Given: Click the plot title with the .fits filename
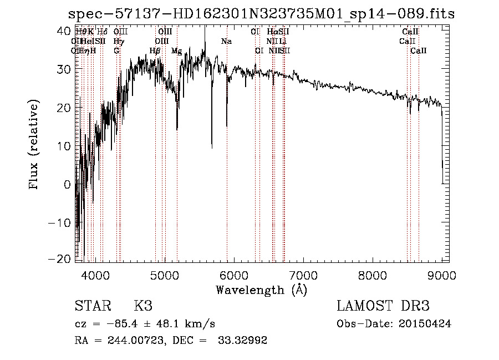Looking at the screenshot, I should [261, 14].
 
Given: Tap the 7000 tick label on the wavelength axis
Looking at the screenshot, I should [303, 276].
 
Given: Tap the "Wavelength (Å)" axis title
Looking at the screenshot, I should [261, 290].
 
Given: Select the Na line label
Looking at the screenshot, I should [226, 41].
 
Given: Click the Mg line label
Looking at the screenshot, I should [176, 51].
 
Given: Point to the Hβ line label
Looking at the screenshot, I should [155, 51].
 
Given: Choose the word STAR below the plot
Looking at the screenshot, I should [93, 307].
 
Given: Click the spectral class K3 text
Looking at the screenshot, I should [142, 307].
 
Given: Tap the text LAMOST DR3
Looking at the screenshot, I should [383, 307].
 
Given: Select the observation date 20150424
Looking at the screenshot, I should [426, 324].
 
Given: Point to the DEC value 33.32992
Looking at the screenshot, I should [244, 341].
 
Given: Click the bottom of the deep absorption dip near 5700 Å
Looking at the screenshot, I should [212, 147].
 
